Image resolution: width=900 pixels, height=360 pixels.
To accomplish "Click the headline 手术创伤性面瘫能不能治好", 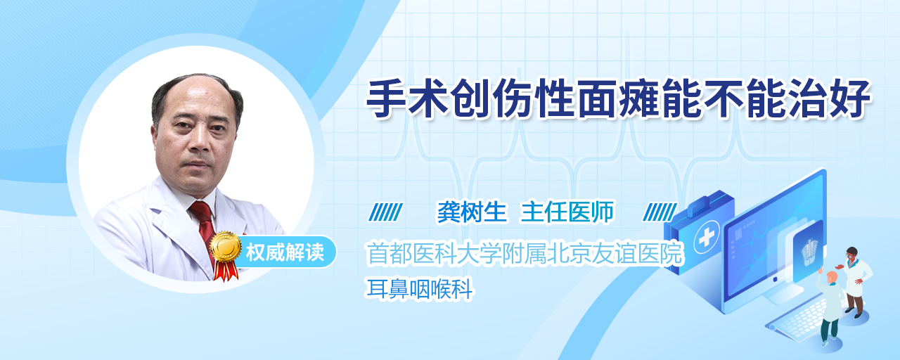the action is [x=618, y=98].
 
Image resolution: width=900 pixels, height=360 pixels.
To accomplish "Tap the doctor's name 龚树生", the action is [x=472, y=212].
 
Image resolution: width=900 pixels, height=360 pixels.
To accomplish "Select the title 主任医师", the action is [x=567, y=212].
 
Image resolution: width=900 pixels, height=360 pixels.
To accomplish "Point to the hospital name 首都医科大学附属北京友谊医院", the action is [x=525, y=254].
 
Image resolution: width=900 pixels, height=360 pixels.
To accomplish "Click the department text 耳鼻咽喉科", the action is [x=420, y=289].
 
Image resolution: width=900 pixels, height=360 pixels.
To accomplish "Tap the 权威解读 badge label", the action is [x=285, y=252].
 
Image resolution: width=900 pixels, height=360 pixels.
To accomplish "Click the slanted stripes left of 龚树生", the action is [x=385, y=212].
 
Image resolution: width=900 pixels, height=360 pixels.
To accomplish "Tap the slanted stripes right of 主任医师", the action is [x=660, y=212].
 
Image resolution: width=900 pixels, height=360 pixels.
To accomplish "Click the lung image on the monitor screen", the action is [x=809, y=252].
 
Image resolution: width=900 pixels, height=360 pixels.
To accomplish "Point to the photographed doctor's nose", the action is [x=200, y=141].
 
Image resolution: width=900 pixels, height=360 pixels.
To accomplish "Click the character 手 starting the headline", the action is [x=386, y=98].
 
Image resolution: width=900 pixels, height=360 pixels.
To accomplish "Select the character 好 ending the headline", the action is [x=850, y=98].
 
